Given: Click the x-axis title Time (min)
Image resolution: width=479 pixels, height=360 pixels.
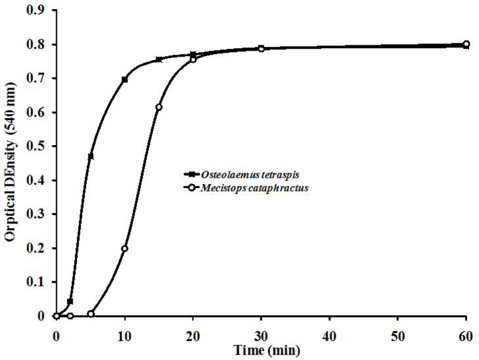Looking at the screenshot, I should click(x=260, y=347).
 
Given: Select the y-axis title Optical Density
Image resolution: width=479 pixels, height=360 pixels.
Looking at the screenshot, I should click(x=11, y=163).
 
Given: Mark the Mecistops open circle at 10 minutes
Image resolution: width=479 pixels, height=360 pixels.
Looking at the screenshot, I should click(x=125, y=248).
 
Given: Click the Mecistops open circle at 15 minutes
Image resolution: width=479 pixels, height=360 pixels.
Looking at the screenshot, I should click(x=159, y=107).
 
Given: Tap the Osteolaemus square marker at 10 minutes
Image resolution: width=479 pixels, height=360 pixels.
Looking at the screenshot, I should click(x=125, y=79).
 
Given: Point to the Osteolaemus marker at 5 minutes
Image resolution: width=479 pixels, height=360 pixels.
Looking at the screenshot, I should click(x=90, y=156).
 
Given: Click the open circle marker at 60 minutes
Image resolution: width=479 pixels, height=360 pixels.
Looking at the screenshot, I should click(x=466, y=44).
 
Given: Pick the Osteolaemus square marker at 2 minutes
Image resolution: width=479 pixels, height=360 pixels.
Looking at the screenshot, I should click(x=70, y=301).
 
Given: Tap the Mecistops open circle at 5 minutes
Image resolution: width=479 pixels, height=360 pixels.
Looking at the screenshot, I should click(x=90, y=314).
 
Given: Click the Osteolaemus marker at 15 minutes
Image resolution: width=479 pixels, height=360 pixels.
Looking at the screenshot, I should click(x=159, y=59).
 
